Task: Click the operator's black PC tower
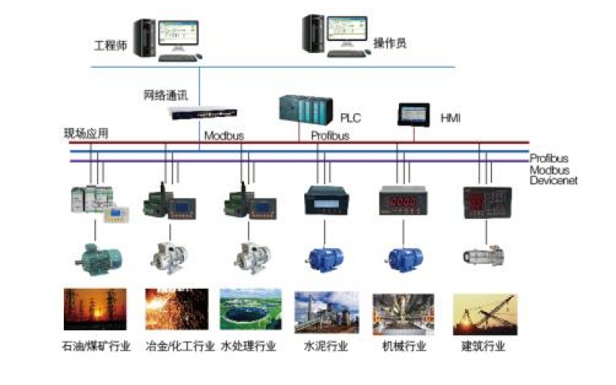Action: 312,35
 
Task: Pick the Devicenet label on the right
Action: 553,180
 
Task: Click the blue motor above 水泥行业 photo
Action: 324,256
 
